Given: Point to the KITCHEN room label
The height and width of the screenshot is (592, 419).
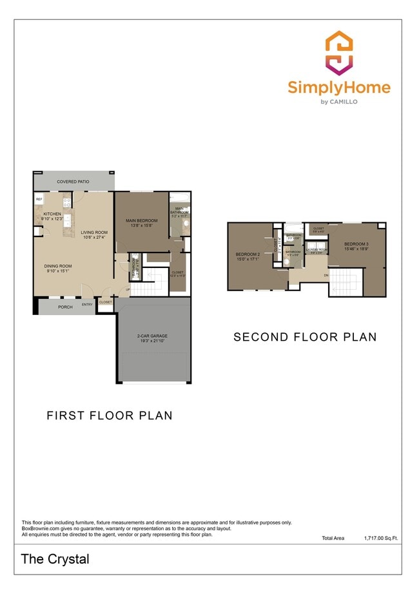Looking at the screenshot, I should tap(52, 213).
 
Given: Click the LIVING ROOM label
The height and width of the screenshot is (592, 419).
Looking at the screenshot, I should tap(94, 233).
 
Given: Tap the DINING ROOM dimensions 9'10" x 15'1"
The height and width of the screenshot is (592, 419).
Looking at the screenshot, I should tap(58, 271).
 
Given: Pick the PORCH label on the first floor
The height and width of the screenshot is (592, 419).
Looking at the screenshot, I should tap(66, 307).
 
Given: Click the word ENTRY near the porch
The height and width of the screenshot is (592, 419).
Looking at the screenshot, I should tap(87, 303).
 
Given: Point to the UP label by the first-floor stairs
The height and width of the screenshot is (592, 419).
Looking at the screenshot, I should tap(128, 289).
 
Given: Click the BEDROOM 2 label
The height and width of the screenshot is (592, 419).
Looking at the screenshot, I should tap(248, 254).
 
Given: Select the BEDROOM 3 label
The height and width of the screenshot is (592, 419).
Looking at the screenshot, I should tap(356, 244).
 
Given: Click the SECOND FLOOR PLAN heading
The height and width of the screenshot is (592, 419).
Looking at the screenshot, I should tap(304, 337).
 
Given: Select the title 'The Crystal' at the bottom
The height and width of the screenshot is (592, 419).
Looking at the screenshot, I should tap(55, 559).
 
